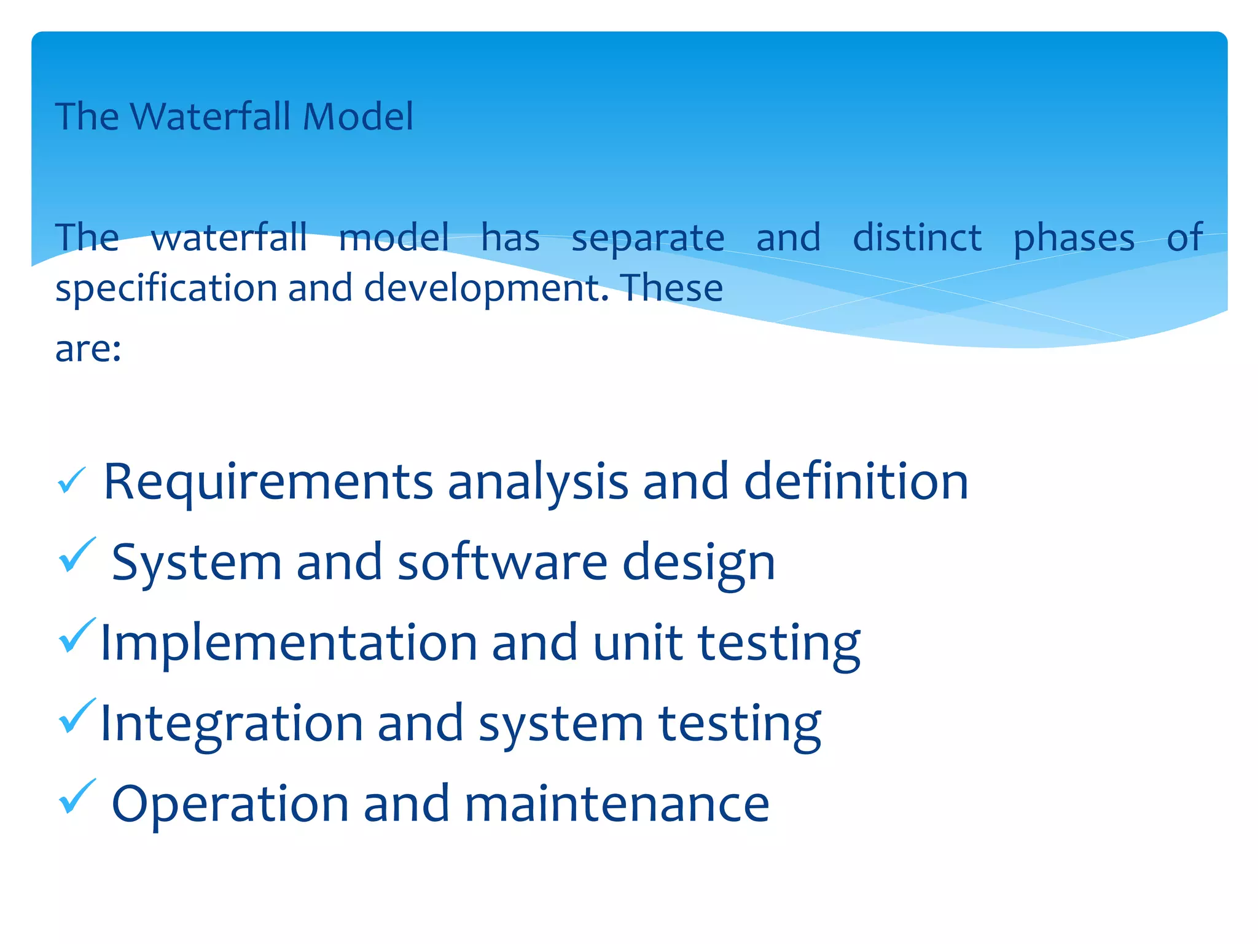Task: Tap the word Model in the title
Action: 357,116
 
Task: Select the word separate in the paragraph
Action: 647,238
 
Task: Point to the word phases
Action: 1073,238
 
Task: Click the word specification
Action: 166,289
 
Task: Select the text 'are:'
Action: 88,349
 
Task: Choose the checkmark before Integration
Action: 76,717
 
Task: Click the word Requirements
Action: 268,482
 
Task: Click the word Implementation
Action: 288,643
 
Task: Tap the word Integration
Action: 231,724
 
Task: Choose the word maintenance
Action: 616,804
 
